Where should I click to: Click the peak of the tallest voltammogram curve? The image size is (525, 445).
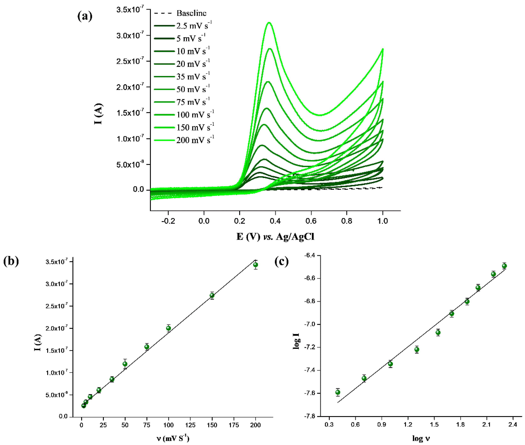click(269, 23)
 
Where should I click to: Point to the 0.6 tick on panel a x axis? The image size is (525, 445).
click(311, 221)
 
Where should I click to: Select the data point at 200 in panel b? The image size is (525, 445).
click(255, 265)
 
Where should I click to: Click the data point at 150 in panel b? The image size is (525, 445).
click(212, 295)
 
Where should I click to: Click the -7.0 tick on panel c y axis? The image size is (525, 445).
click(310, 324)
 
